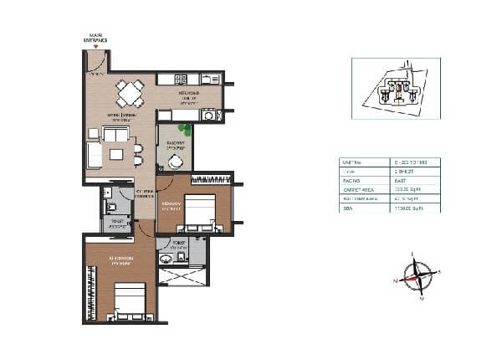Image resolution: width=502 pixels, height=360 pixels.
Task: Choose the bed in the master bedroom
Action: [127, 302]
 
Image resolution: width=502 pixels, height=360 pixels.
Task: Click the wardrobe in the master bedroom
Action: [90, 290]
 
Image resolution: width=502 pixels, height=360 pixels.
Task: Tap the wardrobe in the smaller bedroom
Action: [211, 179]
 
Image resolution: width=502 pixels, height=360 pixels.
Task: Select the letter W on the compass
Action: [422, 298]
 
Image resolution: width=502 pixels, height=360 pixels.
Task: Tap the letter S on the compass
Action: [439, 271]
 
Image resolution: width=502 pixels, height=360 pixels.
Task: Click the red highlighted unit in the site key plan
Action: [400, 86]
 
